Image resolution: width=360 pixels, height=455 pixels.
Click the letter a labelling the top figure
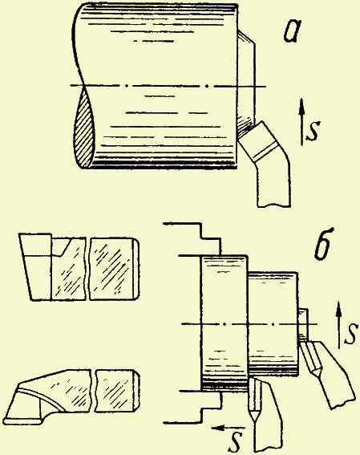(291, 31)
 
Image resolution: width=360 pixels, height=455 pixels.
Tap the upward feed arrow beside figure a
(302, 122)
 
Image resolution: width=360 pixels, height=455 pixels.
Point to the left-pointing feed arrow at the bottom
(229, 428)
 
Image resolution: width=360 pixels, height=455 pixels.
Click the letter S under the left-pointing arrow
(236, 442)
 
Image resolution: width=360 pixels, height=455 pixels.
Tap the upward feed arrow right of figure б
(338, 325)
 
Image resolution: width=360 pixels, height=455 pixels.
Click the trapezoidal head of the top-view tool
(37, 266)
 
